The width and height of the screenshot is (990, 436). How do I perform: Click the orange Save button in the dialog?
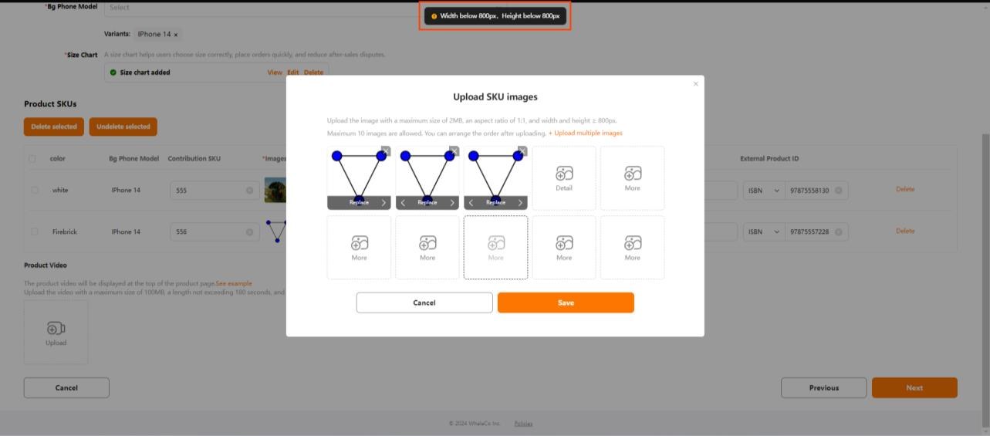(x=566, y=302)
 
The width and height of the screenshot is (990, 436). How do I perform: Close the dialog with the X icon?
(x=695, y=84)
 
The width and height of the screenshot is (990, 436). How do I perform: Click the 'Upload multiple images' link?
(x=587, y=134)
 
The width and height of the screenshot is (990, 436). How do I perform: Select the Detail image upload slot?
(x=564, y=178)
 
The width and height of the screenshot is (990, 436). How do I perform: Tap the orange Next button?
(x=914, y=387)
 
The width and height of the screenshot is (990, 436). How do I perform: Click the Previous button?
(x=823, y=387)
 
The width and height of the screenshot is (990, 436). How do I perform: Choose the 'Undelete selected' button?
(x=123, y=127)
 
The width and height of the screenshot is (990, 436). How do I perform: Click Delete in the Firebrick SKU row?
(x=905, y=231)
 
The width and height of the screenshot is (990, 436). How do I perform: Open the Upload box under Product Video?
(x=56, y=332)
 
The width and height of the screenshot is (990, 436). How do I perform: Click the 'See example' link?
(x=234, y=283)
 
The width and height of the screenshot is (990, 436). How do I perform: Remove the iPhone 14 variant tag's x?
(x=176, y=35)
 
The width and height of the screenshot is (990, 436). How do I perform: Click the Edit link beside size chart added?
(x=292, y=73)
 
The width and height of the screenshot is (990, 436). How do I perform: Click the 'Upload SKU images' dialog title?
(x=495, y=97)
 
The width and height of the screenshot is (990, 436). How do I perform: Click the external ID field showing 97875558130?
(x=807, y=190)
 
